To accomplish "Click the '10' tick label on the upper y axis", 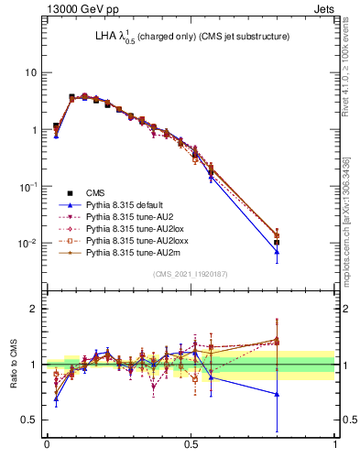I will [31, 72].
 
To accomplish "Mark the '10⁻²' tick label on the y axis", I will [29, 244].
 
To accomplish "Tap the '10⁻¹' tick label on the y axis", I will [29, 187].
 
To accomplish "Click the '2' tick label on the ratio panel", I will [35, 309].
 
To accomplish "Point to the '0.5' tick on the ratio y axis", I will [30, 420].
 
